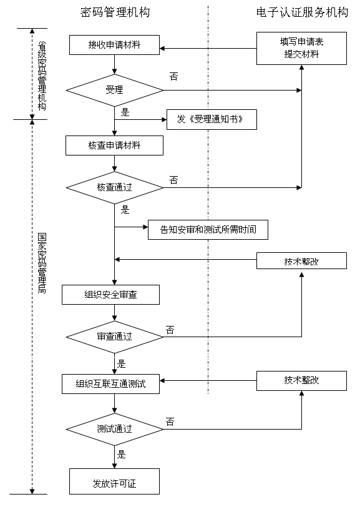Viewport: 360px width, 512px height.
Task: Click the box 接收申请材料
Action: (114, 45)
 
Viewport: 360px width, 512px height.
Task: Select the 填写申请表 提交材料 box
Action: (301, 48)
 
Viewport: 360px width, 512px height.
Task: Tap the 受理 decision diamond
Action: (115, 90)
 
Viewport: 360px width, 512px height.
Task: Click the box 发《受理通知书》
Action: (212, 119)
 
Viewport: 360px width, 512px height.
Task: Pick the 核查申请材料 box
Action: (114, 145)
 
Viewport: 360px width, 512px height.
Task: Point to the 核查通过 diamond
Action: (115, 188)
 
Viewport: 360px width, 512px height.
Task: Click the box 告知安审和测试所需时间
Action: (208, 230)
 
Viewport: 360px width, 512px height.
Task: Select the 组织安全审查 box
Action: (110, 295)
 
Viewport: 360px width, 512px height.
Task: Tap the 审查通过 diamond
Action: (115, 337)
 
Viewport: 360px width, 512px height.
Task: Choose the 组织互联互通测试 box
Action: (110, 384)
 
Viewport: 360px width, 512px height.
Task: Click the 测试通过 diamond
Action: (115, 429)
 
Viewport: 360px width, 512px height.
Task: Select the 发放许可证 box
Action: (114, 481)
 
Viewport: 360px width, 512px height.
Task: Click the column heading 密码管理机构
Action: (115, 12)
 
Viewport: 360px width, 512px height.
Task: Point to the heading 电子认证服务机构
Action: (302, 12)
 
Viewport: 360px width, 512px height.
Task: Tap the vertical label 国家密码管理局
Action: (42, 263)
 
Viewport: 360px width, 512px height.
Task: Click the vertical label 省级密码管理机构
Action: (42, 76)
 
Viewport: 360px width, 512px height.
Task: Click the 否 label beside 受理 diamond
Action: (173, 77)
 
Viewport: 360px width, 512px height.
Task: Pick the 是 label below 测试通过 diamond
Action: (122, 454)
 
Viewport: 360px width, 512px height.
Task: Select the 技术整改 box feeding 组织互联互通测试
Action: (301, 381)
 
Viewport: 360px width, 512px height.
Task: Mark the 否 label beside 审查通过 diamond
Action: (170, 330)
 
